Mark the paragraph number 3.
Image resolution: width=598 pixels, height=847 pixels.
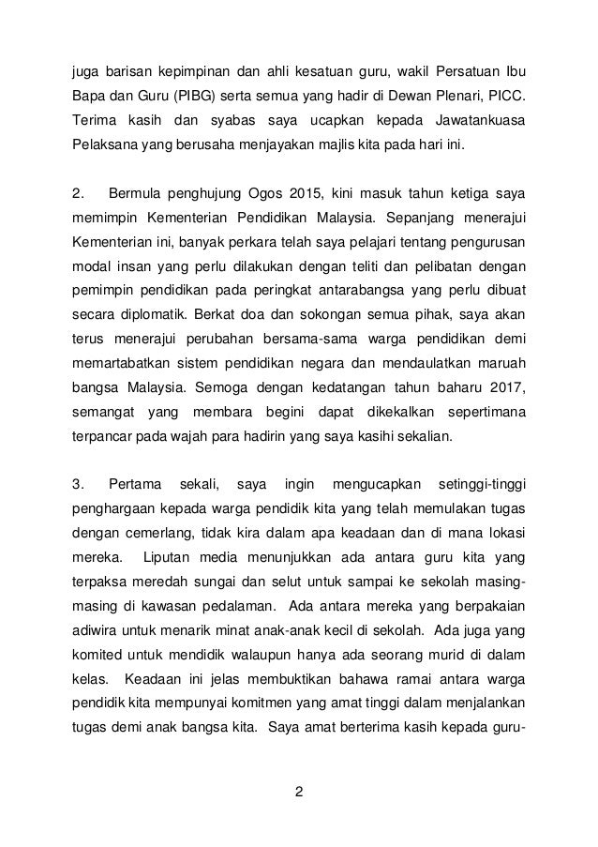pos(78,484)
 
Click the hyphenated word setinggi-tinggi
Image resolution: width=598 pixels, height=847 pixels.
pos(481,484)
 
